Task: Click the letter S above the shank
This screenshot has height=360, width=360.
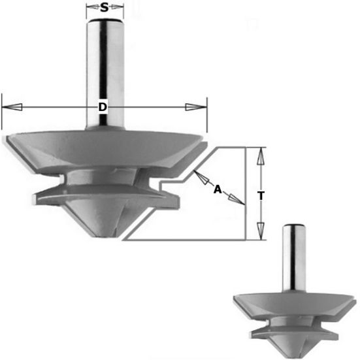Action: tap(105, 8)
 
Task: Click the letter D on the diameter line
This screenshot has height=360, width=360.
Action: tap(103, 107)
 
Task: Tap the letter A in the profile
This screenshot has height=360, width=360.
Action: tap(218, 189)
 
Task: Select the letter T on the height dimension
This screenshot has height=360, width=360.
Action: tap(261, 196)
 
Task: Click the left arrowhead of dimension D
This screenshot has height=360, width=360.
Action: tap(12, 107)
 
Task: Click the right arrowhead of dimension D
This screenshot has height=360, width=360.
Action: tap(196, 107)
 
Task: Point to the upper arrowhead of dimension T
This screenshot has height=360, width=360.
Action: tap(260, 156)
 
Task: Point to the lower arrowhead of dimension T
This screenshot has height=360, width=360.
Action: tap(260, 231)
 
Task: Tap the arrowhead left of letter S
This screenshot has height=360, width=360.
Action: tap(93, 8)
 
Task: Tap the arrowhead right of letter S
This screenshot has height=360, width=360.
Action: tap(116, 8)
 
